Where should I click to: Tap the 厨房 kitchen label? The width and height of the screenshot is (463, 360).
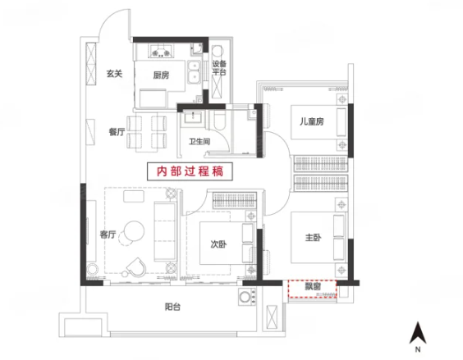click(161, 75)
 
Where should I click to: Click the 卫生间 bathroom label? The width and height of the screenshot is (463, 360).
click(200, 141)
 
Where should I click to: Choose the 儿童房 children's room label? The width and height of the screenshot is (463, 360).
click(311, 121)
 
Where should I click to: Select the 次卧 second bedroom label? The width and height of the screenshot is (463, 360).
click(217, 244)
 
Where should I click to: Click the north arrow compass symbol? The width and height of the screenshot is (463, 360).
click(418, 335)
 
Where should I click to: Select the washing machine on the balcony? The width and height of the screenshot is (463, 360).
click(245, 298)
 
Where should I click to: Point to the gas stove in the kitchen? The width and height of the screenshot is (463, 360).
click(161, 51)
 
